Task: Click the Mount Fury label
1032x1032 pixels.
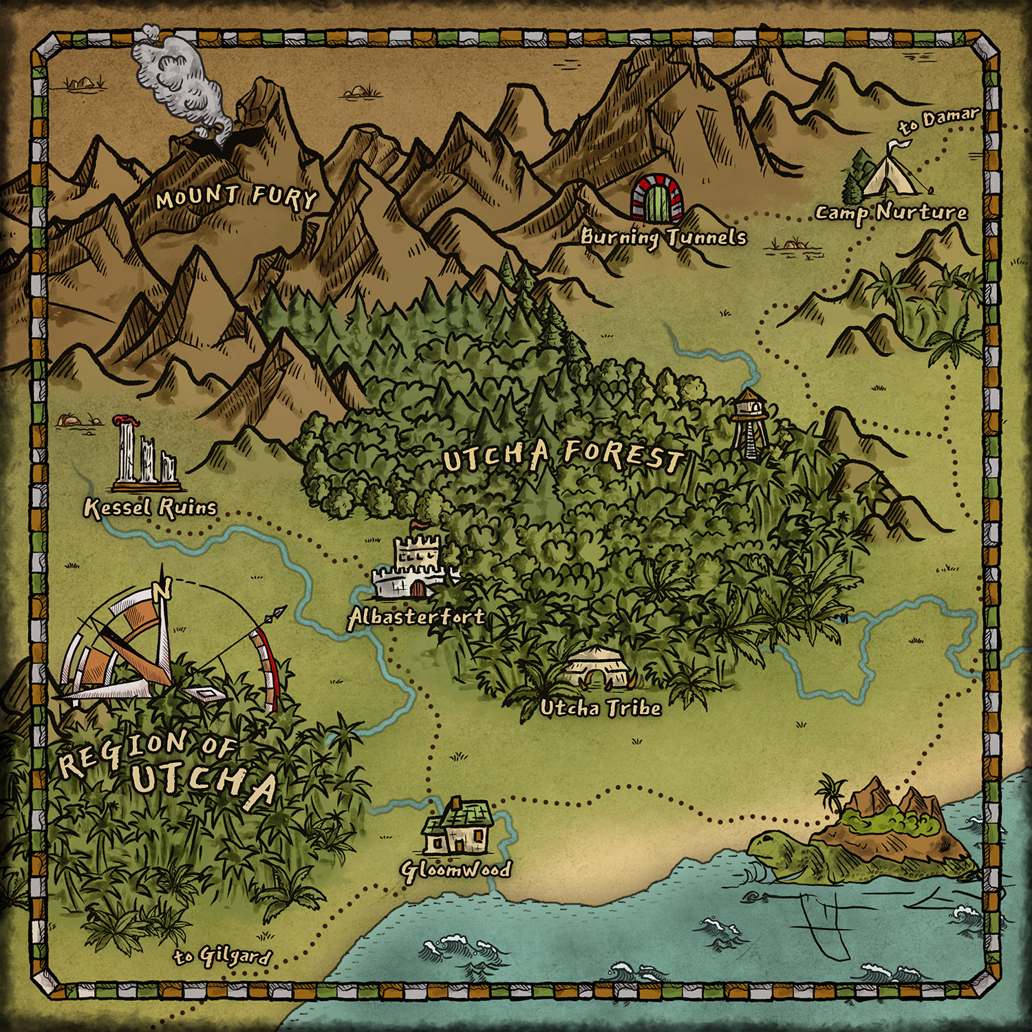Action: click(236, 197)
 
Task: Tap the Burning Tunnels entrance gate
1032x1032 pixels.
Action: click(658, 198)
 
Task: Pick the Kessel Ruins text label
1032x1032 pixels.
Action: click(150, 508)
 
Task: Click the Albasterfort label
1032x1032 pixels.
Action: click(416, 616)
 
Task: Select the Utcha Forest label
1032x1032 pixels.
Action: click(563, 456)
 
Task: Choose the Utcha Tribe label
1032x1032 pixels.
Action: click(601, 708)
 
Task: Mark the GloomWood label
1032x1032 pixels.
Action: click(455, 870)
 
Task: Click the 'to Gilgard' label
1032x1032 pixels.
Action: click(222, 956)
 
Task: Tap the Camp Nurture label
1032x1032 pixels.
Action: click(891, 213)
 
